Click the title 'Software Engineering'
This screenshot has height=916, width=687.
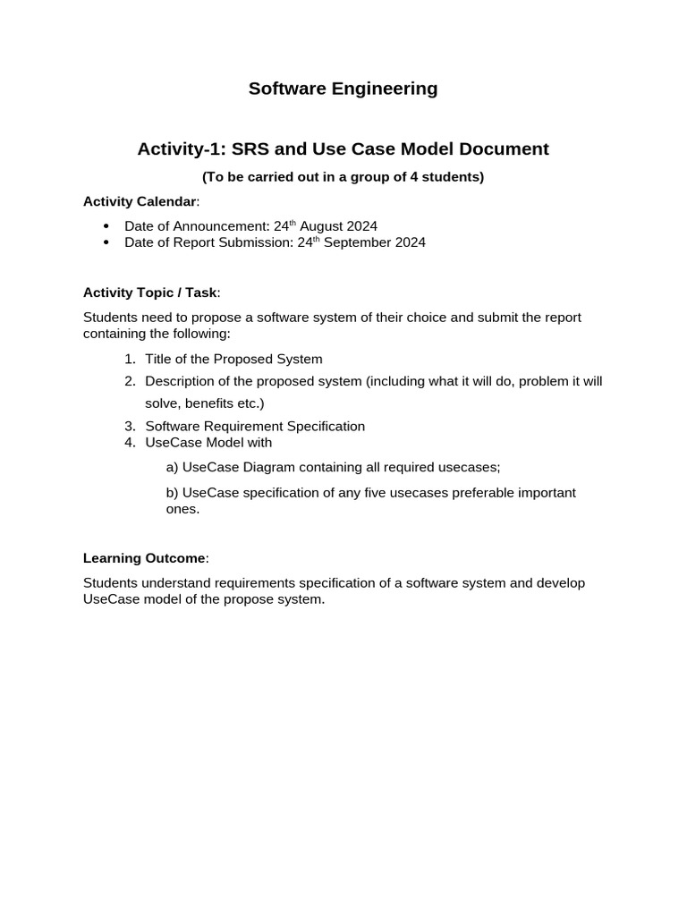tap(343, 89)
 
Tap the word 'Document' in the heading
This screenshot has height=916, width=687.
tap(501, 148)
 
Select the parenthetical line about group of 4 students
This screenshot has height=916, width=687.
tap(343, 176)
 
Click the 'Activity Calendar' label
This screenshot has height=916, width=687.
tap(140, 201)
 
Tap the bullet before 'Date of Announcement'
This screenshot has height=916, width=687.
tap(106, 225)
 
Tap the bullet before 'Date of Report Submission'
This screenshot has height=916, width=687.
tap(106, 242)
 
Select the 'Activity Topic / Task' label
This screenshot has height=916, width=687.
tap(149, 293)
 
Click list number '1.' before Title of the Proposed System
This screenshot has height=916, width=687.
tap(130, 359)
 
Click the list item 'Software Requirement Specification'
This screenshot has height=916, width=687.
tap(255, 426)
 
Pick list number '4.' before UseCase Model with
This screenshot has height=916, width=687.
tap(130, 442)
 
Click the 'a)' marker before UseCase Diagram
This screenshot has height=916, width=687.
tap(173, 467)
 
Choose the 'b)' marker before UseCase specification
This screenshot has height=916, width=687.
tap(173, 492)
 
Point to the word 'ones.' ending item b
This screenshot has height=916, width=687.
tap(182, 509)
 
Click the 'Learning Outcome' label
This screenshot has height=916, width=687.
tap(144, 558)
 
